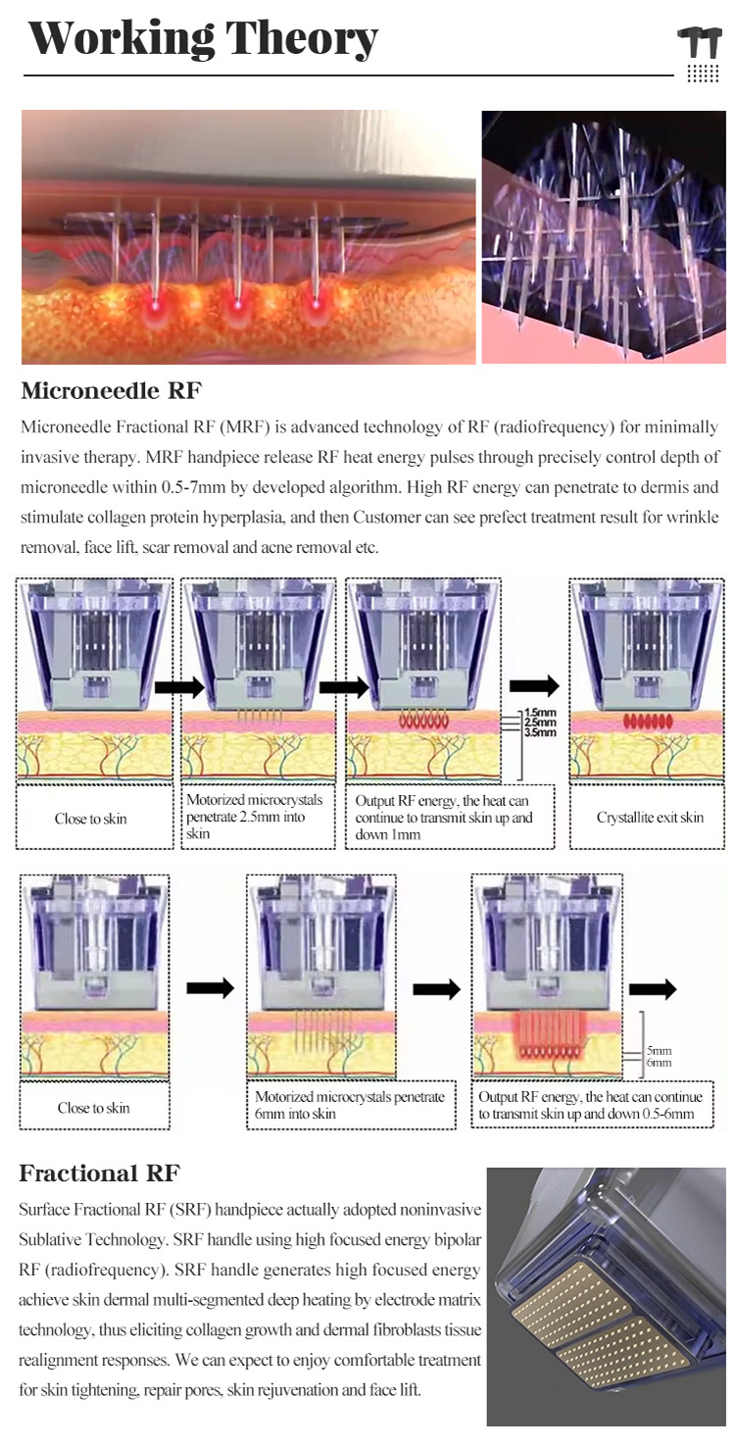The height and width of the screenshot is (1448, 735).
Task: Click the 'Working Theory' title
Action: coord(202,39)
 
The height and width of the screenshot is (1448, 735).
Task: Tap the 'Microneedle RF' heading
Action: coord(111,390)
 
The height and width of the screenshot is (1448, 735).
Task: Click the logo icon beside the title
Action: coord(702,54)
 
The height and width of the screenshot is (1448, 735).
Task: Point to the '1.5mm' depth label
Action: coord(540,713)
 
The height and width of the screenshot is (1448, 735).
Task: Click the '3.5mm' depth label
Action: coord(540,732)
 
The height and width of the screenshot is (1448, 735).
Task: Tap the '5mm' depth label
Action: coord(659,1051)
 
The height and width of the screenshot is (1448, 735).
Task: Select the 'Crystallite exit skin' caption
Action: coord(650,817)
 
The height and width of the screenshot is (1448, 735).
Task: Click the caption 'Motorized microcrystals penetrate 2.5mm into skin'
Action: coord(254,817)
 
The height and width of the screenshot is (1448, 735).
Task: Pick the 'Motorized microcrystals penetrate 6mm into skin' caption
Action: coord(350,1105)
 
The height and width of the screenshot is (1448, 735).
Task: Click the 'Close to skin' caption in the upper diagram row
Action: coord(90,819)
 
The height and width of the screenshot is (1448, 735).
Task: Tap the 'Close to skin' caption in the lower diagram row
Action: coord(94,1108)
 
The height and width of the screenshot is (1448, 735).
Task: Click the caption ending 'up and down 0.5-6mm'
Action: coord(590,1105)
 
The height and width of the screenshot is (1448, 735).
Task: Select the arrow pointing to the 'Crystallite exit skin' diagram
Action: coord(535,686)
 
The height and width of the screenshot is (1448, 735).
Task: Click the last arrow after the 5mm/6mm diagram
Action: coord(653,988)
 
